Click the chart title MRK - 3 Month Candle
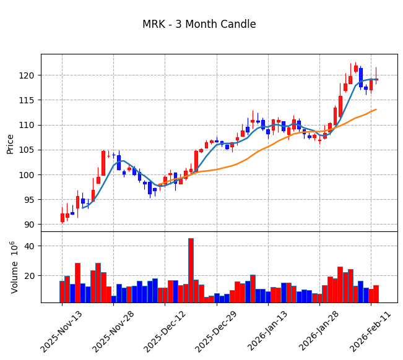click(199, 25)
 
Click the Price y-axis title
click(11, 144)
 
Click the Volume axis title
click(14, 267)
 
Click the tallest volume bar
click(191, 270)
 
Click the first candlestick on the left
click(62, 217)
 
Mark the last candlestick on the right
click(376, 79)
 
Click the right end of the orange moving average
click(376, 109)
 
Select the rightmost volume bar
click(376, 294)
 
